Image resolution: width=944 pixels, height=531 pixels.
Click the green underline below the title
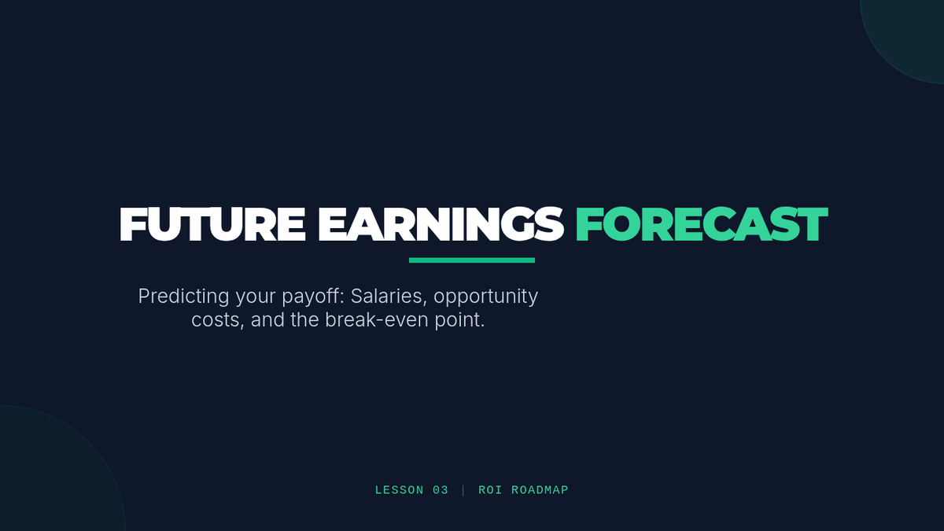(471, 260)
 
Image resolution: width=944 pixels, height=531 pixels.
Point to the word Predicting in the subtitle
(183, 297)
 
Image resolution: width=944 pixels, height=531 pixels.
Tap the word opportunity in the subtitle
(485, 297)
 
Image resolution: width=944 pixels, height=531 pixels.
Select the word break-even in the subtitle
(377, 319)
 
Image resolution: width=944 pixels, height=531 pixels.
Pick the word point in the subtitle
(459, 320)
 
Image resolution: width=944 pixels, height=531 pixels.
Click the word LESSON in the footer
(400, 490)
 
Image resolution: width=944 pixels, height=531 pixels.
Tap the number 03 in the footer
(441, 490)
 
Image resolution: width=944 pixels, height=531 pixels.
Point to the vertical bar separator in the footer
(463, 490)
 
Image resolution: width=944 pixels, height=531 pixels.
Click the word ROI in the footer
(490, 490)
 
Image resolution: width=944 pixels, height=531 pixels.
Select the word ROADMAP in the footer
(540, 490)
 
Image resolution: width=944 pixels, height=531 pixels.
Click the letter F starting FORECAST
(588, 224)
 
